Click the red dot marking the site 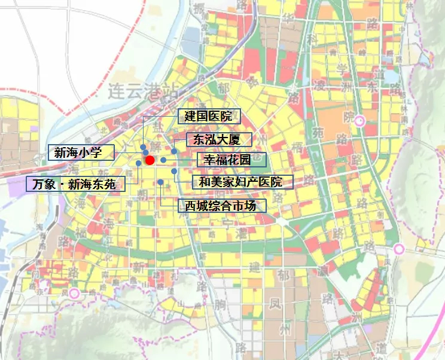point(150,160)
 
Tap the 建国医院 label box point(208,116)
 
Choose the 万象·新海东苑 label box point(75,184)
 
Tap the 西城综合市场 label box point(221,206)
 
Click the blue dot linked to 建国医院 point(143,147)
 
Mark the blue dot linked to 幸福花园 point(163,160)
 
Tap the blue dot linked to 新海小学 point(146,153)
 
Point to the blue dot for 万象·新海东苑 point(139,163)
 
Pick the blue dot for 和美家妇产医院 point(174,171)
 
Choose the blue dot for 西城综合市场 point(161,181)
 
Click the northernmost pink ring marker point(359,121)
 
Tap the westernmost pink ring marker point(74,293)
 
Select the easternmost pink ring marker point(399,249)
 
